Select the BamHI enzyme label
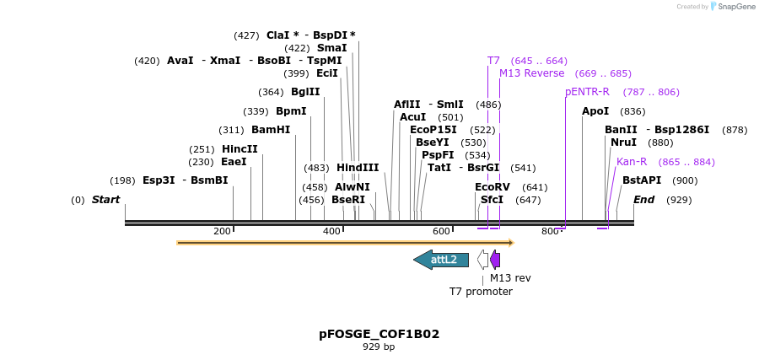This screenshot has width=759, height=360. coord(271,130)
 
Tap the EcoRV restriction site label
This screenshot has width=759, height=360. coord(493,187)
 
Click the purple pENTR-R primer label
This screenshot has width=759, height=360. coord(587,92)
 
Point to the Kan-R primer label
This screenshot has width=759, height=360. coord(632,162)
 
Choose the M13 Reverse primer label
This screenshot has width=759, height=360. coord(531,73)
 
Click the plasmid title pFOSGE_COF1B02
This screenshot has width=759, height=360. coord(379,334)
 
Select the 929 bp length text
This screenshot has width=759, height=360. coord(379,347)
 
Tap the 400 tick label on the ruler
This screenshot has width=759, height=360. coord(331,231)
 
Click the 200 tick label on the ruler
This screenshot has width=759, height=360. coord(222,231)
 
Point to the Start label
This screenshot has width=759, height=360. coord(105,200)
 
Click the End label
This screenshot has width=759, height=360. coord(643,200)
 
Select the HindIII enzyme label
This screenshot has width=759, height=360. coord(358,168)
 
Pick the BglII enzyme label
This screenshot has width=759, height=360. coord(305,92)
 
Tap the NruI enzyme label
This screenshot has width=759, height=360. coord(624,142)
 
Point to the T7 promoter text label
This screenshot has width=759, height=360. coord(481,292)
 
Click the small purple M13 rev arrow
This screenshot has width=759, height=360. coord(495,260)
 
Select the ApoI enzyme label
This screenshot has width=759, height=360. coord(595,111)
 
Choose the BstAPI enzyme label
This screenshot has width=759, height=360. coord(642,180)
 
